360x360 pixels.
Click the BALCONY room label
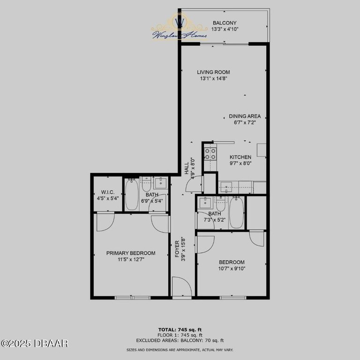(225, 23)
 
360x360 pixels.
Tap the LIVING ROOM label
(213, 72)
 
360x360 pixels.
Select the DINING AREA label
(245, 116)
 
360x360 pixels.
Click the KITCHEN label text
(240, 157)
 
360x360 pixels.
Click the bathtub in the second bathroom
(237, 213)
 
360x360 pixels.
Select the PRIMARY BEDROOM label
(131, 253)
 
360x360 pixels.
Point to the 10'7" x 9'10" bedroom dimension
(232, 269)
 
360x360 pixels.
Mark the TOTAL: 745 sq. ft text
(180, 330)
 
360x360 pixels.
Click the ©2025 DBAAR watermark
(35, 344)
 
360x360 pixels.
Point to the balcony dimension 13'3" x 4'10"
(225, 29)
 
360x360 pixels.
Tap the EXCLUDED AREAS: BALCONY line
(180, 341)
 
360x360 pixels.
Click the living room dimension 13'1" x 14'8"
(213, 79)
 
